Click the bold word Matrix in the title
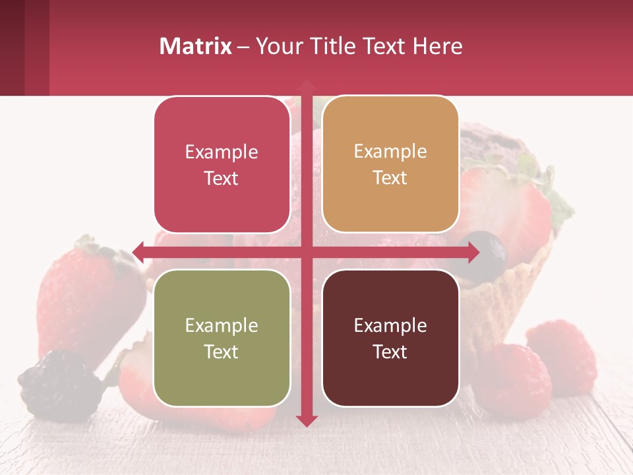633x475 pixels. coord(196,46)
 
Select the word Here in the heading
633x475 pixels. coord(437,46)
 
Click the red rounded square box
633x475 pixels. coord(222,164)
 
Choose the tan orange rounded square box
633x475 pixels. coord(390,164)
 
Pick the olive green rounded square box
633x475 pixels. coord(222,338)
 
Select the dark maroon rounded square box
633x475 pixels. coord(390,338)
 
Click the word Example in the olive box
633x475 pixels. coord(222,325)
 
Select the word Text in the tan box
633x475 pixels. coord(390,178)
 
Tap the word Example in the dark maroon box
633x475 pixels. coord(390,325)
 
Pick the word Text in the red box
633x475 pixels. coord(222,179)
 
